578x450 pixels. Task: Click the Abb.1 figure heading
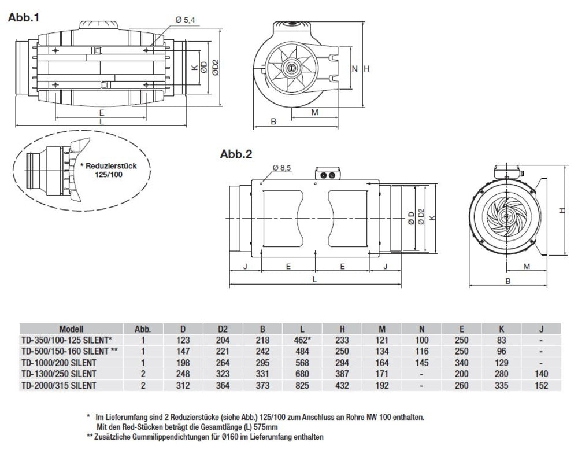coord(24,17)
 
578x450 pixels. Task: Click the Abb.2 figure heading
coord(236,154)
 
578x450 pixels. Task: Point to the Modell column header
coord(71,329)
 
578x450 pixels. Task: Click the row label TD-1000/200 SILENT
coord(58,362)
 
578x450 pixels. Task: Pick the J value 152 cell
coord(541,385)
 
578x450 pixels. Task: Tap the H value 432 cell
coord(342,385)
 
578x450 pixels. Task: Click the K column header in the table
coord(501,329)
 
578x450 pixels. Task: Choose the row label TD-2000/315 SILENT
coord(58,385)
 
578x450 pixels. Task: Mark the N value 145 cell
coord(422,362)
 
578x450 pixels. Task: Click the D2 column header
coord(223,329)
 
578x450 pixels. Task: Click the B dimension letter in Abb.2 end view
coord(507,281)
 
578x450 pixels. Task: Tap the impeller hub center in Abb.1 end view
coord(291,68)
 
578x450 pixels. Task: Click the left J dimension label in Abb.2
coord(246,267)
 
